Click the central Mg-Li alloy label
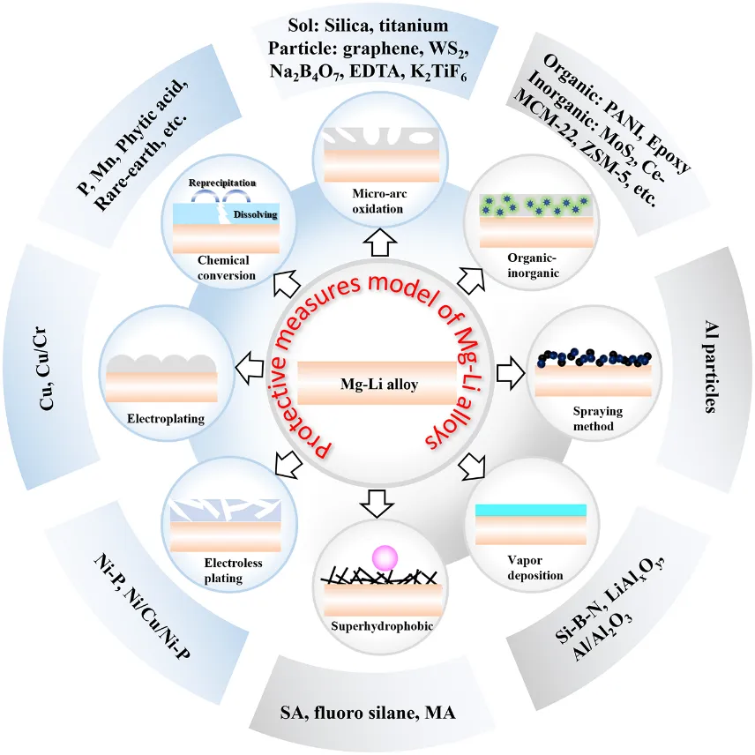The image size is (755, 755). click(x=377, y=385)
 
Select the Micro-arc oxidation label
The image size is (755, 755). click(x=377, y=201)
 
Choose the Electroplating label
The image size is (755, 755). click(x=165, y=419)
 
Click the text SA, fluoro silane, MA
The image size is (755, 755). click(x=377, y=711)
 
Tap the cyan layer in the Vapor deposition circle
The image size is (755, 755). click(x=531, y=510)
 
